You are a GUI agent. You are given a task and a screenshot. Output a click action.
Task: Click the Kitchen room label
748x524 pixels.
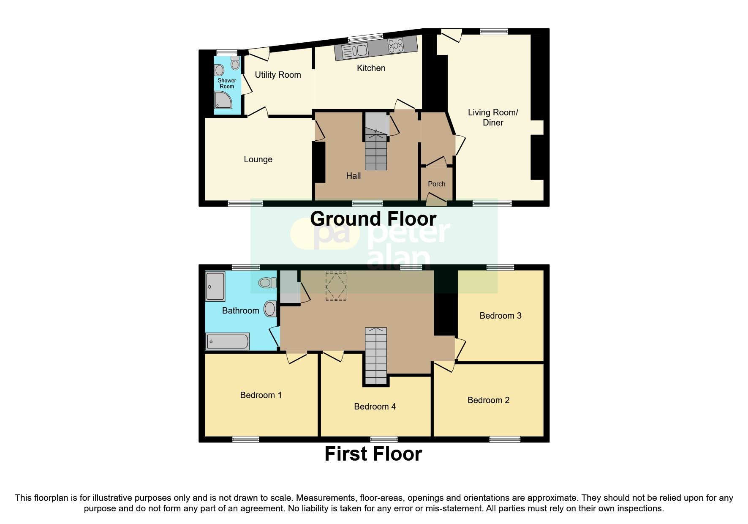pos(371,68)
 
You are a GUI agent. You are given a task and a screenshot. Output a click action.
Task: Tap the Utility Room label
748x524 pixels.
pos(277,75)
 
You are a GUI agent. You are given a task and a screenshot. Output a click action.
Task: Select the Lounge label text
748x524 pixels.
pos(258,159)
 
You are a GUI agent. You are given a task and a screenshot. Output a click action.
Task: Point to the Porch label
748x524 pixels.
pos(436,184)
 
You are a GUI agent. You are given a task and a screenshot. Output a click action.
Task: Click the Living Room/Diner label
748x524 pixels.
pos(493,117)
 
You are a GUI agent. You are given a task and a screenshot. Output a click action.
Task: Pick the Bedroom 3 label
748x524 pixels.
pos(500,316)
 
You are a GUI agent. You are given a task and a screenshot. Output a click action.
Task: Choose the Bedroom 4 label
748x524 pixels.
pos(375,407)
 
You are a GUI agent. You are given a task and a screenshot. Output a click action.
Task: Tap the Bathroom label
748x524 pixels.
pos(240,311)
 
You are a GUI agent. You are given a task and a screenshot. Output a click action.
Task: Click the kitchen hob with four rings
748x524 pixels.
pos(396,45)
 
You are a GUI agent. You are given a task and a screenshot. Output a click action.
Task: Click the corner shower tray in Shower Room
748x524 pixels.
pos(223,101)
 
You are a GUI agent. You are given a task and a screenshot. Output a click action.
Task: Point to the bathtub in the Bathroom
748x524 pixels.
pos(227,341)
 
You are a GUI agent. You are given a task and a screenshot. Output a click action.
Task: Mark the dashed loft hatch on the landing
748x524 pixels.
pos(336,286)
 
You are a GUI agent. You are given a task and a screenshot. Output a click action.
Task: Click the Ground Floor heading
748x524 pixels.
pos(373,219)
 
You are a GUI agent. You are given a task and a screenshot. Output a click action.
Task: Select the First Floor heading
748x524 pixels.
pos(373,454)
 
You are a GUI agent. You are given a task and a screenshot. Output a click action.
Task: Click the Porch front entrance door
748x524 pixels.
pos(436,200)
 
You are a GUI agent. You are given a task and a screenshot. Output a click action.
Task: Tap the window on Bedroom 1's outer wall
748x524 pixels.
pos(245,439)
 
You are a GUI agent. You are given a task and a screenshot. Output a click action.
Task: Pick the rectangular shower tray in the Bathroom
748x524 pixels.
pos(215,286)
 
